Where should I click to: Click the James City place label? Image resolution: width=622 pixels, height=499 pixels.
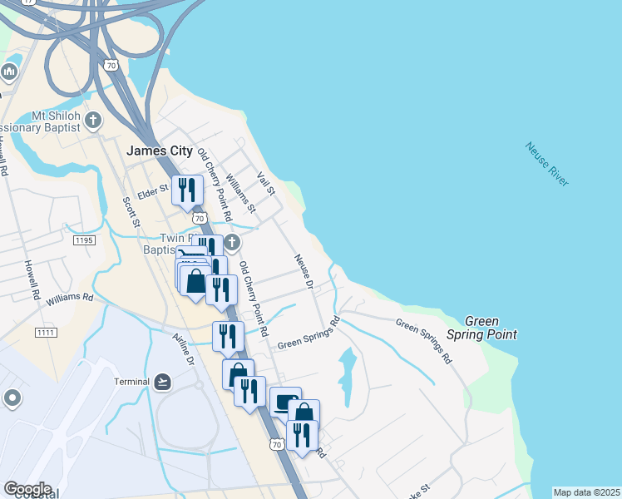[x=159, y=151]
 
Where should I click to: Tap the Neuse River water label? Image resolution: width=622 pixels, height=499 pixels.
[x=547, y=165]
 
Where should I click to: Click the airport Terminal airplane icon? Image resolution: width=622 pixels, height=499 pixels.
[x=164, y=382]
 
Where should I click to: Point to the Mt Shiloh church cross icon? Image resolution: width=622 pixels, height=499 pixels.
[x=93, y=121]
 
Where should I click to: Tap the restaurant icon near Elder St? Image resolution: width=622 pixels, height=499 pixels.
[x=186, y=190]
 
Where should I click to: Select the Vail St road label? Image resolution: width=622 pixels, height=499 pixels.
[x=266, y=183]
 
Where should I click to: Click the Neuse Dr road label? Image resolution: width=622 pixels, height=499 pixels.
[x=303, y=272]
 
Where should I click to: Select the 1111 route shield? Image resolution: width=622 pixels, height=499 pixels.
[x=46, y=333]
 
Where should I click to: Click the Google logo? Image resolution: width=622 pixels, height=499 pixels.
[x=27, y=489]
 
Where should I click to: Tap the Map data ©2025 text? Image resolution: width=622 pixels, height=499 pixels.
[x=586, y=492]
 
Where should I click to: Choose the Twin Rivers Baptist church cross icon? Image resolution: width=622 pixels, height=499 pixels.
[x=232, y=243]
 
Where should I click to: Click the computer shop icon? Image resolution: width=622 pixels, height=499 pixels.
[x=284, y=403]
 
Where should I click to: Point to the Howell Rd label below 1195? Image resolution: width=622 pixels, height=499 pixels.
[x=32, y=281]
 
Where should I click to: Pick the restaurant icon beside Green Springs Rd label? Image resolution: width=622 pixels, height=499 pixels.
[x=227, y=336]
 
